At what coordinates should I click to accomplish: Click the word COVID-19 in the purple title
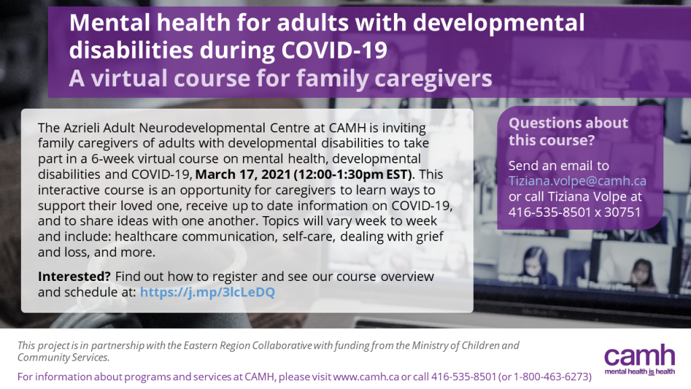click(334, 50)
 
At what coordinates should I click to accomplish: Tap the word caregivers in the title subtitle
click(433, 78)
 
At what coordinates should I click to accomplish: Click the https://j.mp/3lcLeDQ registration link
click(207, 292)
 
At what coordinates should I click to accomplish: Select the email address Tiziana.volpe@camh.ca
click(578, 181)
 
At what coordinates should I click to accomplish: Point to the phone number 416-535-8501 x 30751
click(575, 212)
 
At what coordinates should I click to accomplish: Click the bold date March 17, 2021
click(243, 175)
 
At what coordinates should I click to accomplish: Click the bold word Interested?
click(74, 276)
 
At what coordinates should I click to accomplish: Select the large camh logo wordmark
click(640, 355)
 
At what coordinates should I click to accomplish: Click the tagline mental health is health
click(640, 371)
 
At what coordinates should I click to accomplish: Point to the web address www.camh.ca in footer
click(366, 377)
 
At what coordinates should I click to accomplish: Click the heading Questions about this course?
click(568, 132)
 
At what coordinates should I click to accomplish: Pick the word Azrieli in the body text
click(82, 128)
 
